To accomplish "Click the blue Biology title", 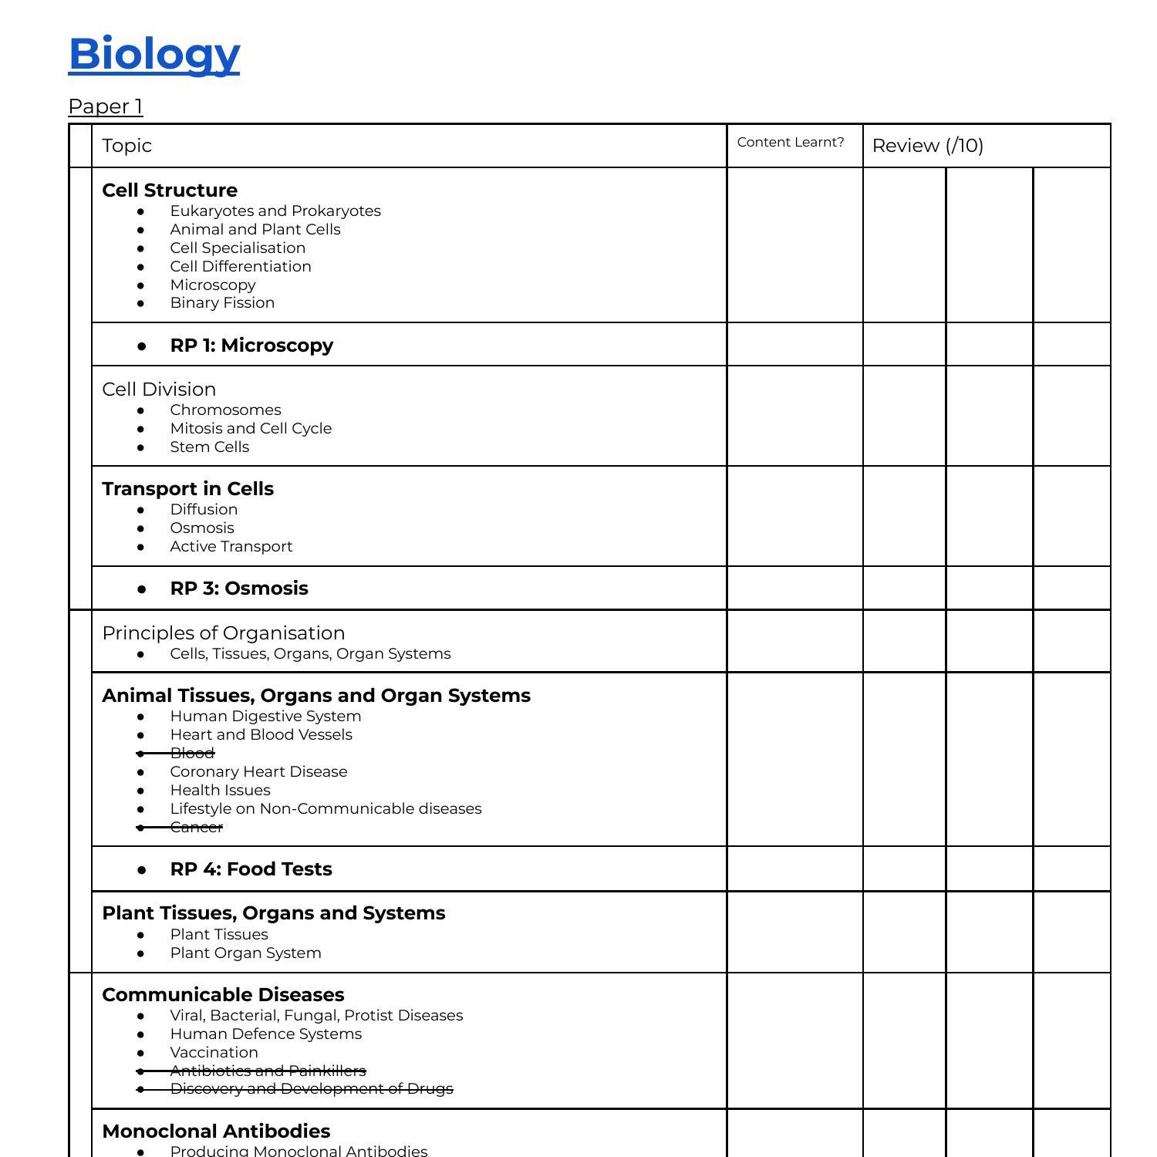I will (154, 53).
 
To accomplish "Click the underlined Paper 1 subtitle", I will (106, 106).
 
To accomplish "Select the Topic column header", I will (127, 146).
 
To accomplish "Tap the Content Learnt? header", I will (791, 142).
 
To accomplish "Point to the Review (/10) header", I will (928, 146).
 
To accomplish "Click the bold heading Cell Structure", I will (170, 191).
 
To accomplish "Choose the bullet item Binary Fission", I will (222, 303).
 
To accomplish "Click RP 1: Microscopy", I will (251, 346).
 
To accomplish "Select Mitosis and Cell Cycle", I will (251, 428).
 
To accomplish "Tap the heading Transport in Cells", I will (188, 489).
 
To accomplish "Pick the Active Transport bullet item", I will (231, 547).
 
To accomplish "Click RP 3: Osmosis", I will (239, 589).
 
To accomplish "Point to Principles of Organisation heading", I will (224, 633).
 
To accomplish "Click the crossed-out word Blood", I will (192, 753).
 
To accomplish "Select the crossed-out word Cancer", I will (196, 827).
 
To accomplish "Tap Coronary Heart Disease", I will (258, 771).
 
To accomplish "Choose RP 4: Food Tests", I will (251, 869).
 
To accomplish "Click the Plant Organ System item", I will (245, 953).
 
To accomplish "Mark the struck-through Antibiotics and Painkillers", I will (268, 1071).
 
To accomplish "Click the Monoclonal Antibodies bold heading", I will (216, 1132).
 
